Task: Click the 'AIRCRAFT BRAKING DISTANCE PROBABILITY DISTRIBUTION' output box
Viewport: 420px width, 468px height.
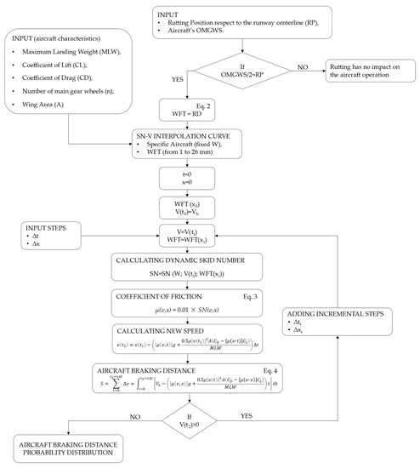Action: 75,448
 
